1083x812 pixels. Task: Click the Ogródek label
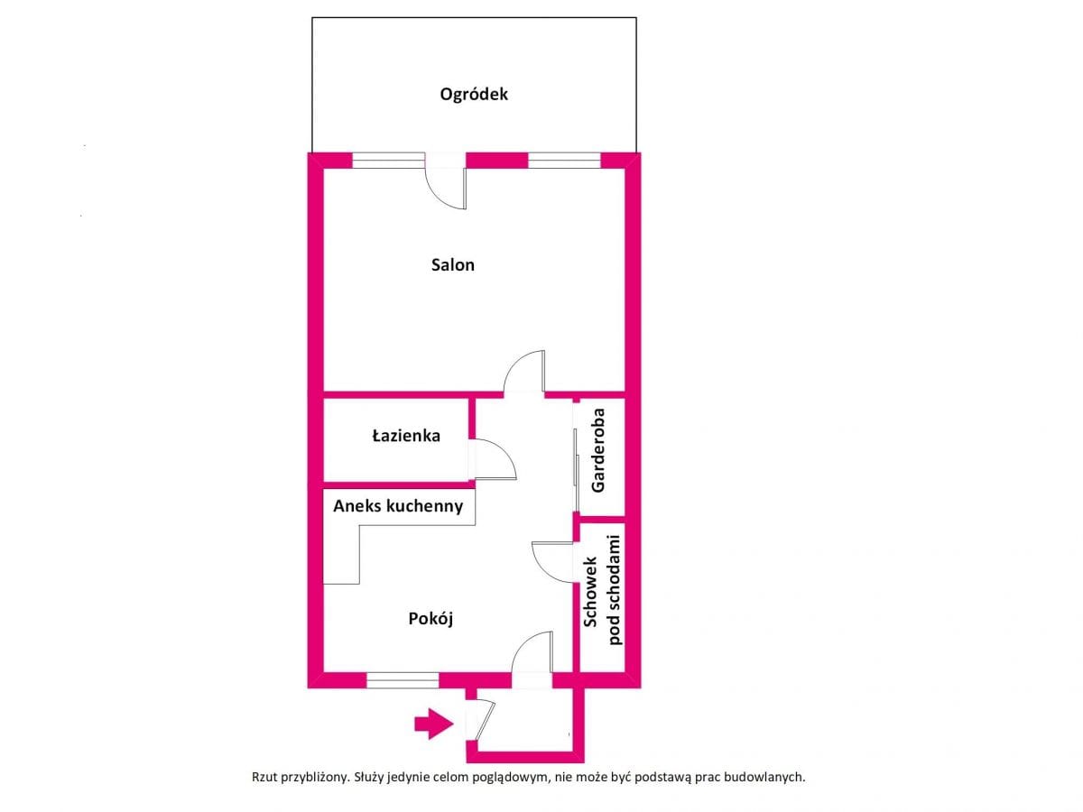(x=473, y=94)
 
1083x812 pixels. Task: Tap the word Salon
(x=452, y=264)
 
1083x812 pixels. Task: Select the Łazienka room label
(x=405, y=436)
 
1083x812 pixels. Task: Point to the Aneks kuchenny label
(x=398, y=506)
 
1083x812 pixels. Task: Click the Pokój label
(x=430, y=618)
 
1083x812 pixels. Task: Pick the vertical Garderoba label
(x=597, y=449)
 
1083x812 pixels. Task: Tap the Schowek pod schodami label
(x=603, y=590)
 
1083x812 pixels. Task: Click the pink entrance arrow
(x=433, y=724)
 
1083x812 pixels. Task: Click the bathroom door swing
(x=495, y=459)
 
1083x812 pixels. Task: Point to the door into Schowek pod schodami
(x=552, y=562)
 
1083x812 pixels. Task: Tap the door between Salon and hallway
(x=524, y=371)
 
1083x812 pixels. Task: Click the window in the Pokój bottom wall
(x=403, y=680)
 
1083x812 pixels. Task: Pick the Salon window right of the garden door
(x=564, y=161)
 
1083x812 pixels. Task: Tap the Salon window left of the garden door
(x=388, y=161)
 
